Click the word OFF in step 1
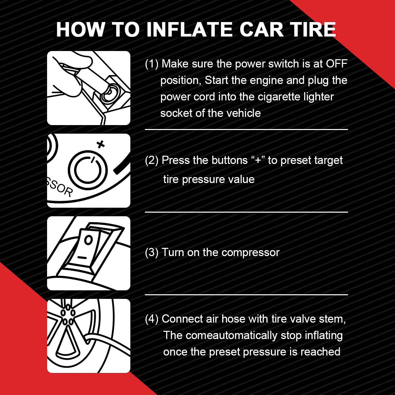click(336, 64)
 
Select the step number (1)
click(152, 64)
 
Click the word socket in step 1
click(175, 113)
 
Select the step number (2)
click(152, 160)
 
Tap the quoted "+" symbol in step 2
click(258, 160)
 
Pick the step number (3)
click(152, 252)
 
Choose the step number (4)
click(152, 319)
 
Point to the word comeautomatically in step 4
click(231, 335)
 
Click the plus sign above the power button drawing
click(101, 144)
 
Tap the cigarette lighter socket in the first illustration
click(110, 92)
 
